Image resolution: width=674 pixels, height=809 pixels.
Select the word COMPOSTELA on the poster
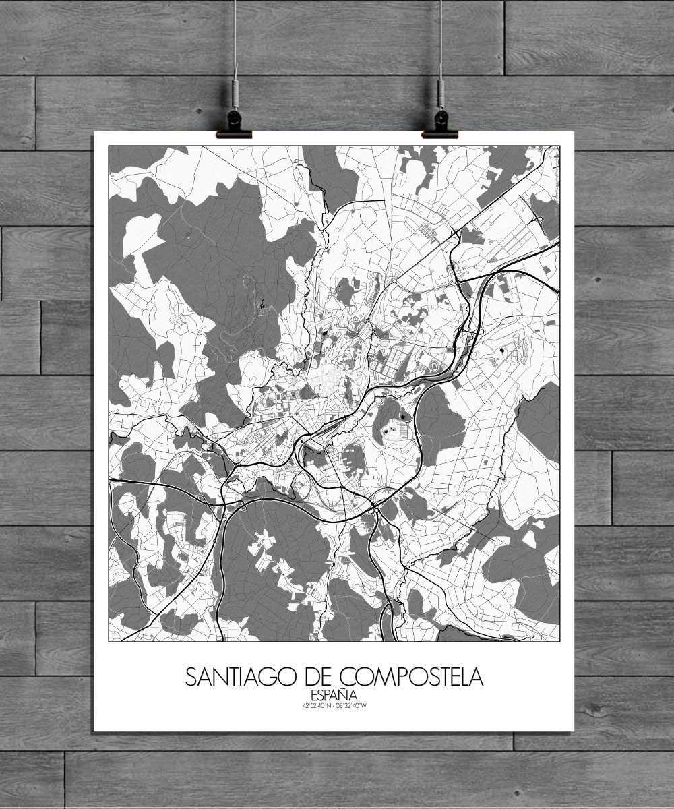pyautogui.click(x=412, y=677)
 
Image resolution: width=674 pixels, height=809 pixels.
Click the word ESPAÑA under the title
pyautogui.click(x=334, y=695)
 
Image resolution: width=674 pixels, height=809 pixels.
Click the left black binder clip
pyautogui.click(x=234, y=125)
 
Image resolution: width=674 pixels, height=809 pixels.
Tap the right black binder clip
pyautogui.click(x=440, y=125)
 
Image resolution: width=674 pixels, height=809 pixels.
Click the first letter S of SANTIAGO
pyautogui.click(x=191, y=677)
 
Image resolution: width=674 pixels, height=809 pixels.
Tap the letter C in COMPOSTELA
pyautogui.click(x=348, y=677)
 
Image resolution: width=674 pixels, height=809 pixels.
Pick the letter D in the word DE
pyautogui.click(x=310, y=677)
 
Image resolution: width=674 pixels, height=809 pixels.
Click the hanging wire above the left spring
pyautogui.click(x=235, y=34)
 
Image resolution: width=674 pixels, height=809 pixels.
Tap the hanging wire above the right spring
pyautogui.click(x=441, y=34)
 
